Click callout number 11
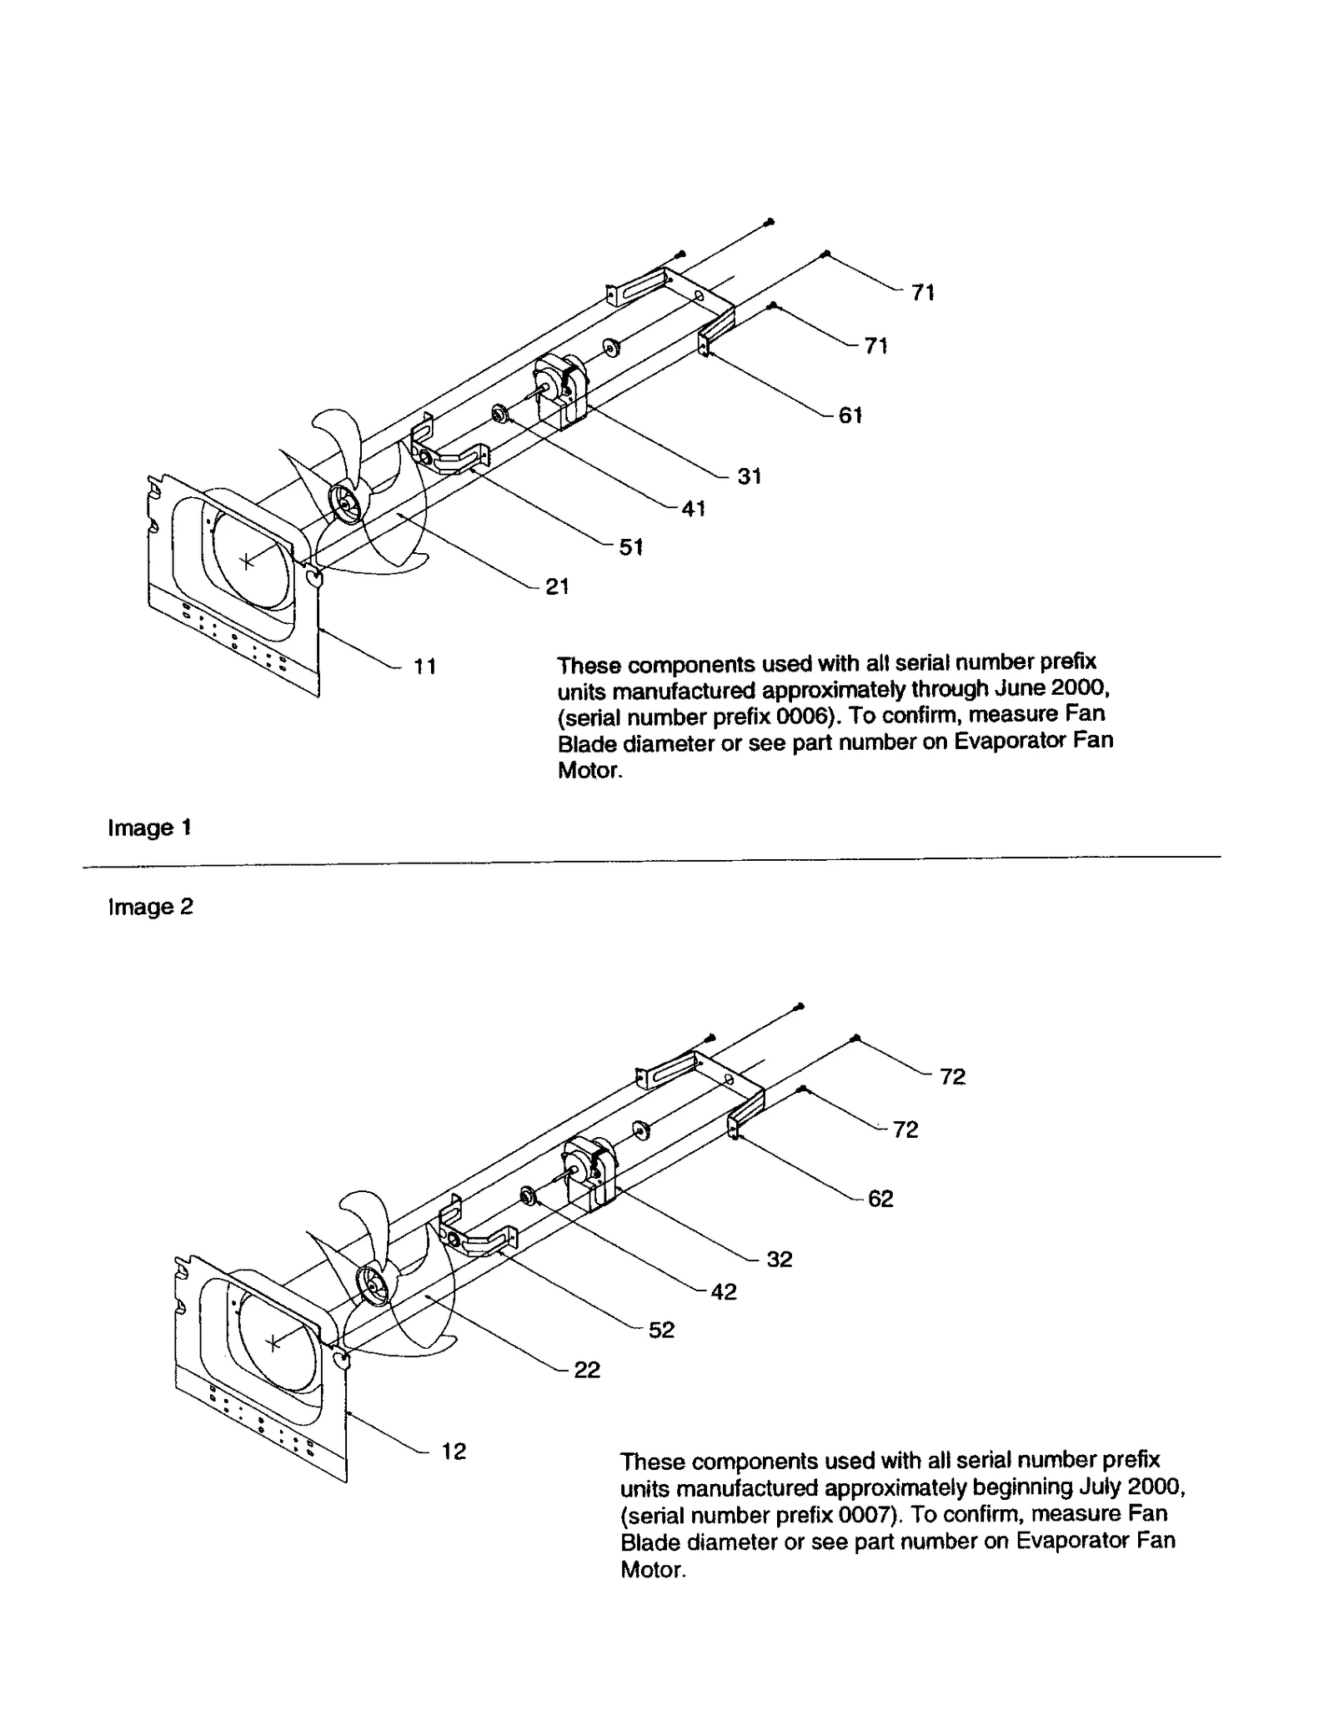[x=425, y=667]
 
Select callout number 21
[x=557, y=586]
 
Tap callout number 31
[x=749, y=476]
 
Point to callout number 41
[x=694, y=509]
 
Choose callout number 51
[x=630, y=547]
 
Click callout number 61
[x=850, y=415]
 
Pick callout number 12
[x=454, y=1452]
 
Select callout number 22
[x=587, y=1371]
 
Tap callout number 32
[x=779, y=1260]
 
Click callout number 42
[x=724, y=1292]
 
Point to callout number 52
[x=660, y=1331]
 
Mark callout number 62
[x=880, y=1199]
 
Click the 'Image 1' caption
[x=150, y=828]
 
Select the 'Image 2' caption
[x=151, y=907]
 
